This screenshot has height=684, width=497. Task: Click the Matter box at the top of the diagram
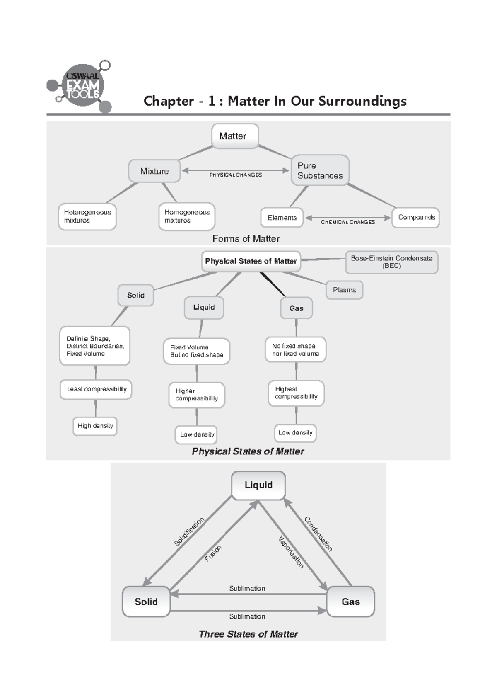click(x=234, y=136)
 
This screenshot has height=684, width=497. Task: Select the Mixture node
click(x=154, y=171)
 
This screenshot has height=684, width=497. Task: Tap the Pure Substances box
click(x=320, y=170)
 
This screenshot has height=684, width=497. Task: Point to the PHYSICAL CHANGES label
click(x=235, y=175)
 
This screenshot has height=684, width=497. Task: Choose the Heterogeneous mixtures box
click(x=87, y=216)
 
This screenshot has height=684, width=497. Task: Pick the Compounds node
click(x=416, y=217)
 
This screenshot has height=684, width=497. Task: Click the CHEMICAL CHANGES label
click(x=347, y=222)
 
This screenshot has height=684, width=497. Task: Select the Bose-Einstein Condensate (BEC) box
click(x=391, y=262)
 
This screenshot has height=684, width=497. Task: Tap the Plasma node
click(x=344, y=290)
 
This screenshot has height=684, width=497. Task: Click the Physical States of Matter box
click(x=251, y=261)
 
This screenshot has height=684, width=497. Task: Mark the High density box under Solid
click(x=95, y=426)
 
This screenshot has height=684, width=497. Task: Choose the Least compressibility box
click(x=96, y=389)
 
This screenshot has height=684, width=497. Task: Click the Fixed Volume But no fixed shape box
click(x=196, y=351)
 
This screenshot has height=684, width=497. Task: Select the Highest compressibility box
click(x=296, y=393)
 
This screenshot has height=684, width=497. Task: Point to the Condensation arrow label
click(x=318, y=534)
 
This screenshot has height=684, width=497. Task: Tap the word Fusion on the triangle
click(x=213, y=553)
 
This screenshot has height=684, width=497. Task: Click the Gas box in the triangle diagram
click(x=350, y=602)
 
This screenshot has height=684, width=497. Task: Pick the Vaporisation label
click(x=291, y=552)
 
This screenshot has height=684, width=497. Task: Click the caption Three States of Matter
click(x=248, y=634)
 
